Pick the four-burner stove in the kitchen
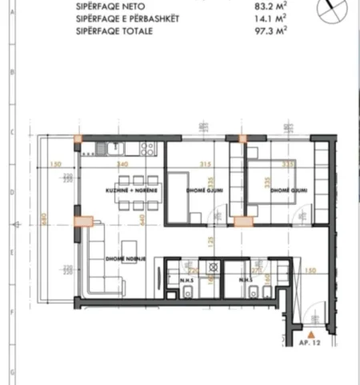click(x=147, y=147)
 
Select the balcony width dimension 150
click(x=55, y=165)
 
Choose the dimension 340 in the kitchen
click(x=122, y=165)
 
